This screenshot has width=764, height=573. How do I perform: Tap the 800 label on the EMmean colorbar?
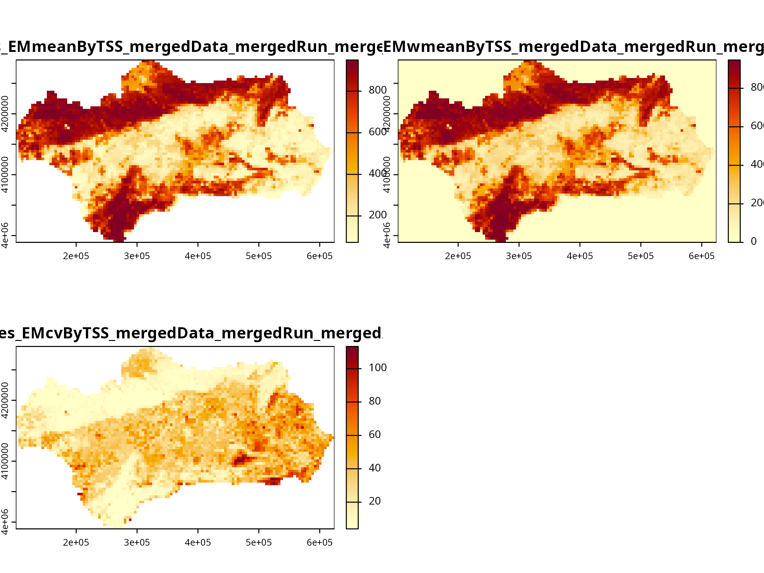[x=378, y=90]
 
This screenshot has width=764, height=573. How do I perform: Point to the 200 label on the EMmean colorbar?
[x=378, y=215]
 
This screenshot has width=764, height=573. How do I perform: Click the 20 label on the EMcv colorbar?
[x=375, y=501]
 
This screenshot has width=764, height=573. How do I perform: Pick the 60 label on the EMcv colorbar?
[x=375, y=435]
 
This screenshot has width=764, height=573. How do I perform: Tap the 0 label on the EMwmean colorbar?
[x=753, y=241]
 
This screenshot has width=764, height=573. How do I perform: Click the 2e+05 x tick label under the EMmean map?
[x=76, y=256]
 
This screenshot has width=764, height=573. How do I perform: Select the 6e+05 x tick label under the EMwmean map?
[x=702, y=256]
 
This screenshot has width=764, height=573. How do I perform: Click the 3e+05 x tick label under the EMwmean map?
[x=519, y=256]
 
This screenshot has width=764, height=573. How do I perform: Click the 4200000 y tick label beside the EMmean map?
[x=5, y=114]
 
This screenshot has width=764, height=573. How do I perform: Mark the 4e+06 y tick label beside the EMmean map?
[x=5, y=235]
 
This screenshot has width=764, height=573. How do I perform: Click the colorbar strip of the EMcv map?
[x=352, y=437]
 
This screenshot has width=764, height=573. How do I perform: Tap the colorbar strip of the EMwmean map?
[x=734, y=151]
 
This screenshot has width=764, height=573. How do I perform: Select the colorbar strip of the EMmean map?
[x=352, y=151]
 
